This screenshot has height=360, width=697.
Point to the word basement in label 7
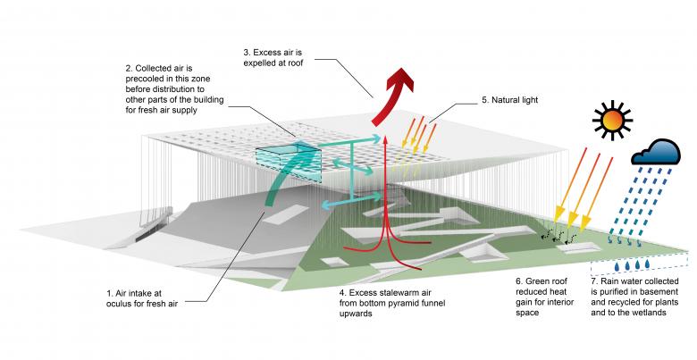click(661, 294)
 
